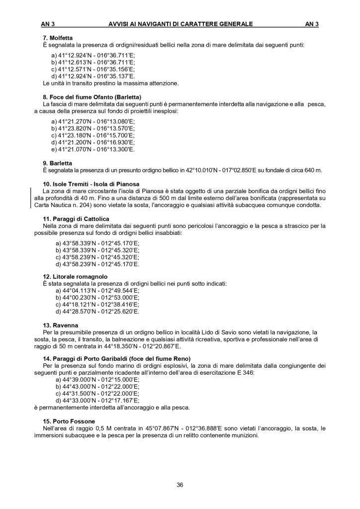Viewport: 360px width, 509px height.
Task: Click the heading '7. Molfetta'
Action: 58,37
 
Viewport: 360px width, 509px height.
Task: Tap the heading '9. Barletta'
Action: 58,163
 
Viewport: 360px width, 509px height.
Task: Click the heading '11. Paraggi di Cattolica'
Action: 76,219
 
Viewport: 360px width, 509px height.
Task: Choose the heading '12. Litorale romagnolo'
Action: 75,276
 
